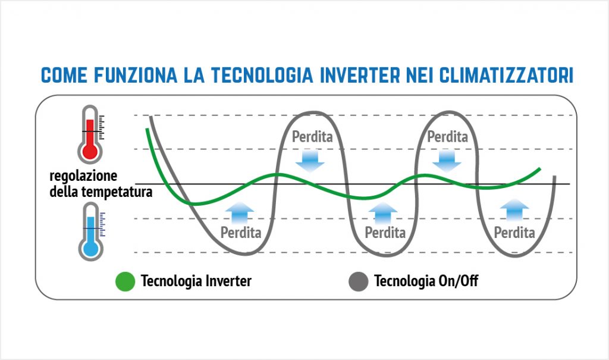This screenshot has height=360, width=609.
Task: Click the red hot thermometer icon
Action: tap(91, 133)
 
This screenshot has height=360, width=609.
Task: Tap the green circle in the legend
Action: tap(124, 281)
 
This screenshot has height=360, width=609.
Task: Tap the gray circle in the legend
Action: tap(358, 281)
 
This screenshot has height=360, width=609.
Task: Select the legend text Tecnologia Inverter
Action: tap(196, 281)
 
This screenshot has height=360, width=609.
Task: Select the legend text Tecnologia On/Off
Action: tap(426, 281)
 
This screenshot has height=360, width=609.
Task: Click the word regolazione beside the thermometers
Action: tap(84, 177)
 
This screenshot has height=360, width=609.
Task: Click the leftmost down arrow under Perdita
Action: tap(309, 159)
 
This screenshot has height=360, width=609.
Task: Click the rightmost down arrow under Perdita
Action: tap(447, 159)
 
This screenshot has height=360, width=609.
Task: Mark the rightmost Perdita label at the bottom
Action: tap(514, 232)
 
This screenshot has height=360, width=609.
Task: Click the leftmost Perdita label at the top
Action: tap(312, 137)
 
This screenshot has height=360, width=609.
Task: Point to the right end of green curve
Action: tap(539, 169)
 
